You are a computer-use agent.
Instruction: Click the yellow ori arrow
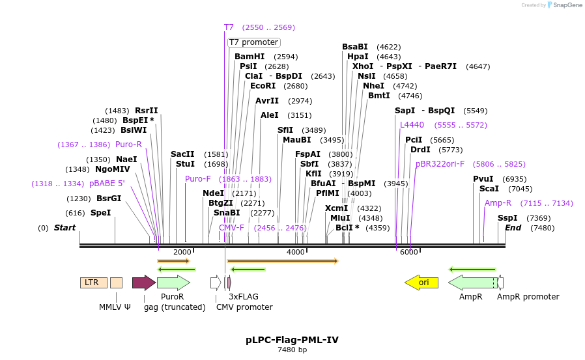click(x=421, y=283)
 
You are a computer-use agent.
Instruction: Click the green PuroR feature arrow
click(x=173, y=283)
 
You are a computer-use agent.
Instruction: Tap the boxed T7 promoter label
click(x=253, y=42)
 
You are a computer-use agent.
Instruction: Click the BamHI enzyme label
click(x=250, y=57)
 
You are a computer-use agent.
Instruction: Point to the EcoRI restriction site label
click(x=263, y=86)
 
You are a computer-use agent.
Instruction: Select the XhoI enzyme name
click(x=363, y=66)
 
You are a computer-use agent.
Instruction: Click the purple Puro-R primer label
click(x=128, y=145)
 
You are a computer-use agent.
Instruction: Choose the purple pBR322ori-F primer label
click(x=440, y=164)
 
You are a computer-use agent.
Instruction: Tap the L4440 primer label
click(x=412, y=125)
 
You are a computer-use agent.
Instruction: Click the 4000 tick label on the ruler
click(x=296, y=253)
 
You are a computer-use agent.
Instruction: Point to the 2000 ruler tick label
click(x=182, y=253)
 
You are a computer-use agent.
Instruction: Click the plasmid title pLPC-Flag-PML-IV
click(x=292, y=340)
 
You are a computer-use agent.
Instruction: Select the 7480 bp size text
click(x=292, y=350)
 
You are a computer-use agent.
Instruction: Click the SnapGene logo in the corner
click(x=564, y=5)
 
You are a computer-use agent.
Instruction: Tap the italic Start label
click(x=64, y=228)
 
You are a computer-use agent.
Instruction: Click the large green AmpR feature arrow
click(x=472, y=283)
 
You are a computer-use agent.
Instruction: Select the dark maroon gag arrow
click(x=143, y=283)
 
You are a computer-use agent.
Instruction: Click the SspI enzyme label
click(x=507, y=218)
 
